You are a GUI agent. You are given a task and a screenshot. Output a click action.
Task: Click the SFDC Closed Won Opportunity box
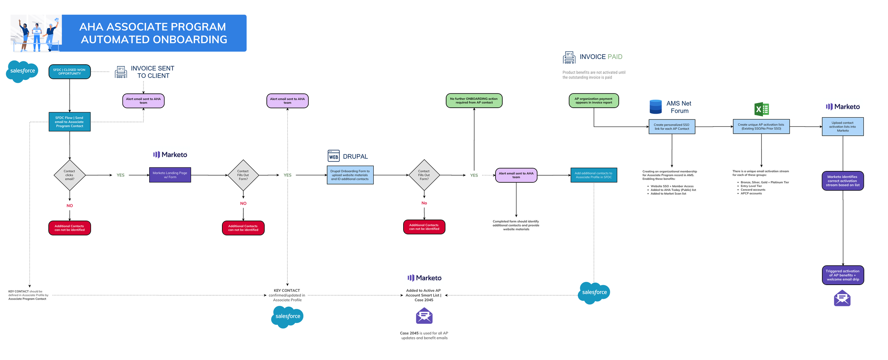tap(70, 72)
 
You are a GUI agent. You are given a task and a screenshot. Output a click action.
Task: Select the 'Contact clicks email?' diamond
tap(70, 175)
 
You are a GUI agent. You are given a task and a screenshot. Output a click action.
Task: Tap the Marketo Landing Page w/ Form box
tap(170, 175)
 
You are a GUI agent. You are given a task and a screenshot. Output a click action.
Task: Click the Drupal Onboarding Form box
tap(350, 175)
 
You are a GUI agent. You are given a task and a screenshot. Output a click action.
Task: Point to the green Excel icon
tap(761, 109)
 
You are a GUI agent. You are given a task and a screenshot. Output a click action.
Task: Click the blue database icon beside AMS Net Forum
tap(655, 107)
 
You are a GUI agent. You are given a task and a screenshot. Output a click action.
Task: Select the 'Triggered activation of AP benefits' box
tap(843, 275)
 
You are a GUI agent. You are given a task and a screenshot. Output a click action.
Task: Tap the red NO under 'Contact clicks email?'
tap(70, 205)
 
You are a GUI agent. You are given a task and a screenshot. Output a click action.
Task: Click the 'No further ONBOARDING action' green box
tap(474, 101)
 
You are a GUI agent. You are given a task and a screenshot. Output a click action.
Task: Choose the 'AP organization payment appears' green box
tap(594, 101)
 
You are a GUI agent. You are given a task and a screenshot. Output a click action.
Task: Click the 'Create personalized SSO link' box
tap(672, 127)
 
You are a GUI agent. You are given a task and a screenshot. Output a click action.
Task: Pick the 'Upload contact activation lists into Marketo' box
tap(843, 127)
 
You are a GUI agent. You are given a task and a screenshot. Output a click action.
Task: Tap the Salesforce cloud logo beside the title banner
tap(22, 71)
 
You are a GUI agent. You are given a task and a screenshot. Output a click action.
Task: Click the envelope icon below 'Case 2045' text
tap(424, 316)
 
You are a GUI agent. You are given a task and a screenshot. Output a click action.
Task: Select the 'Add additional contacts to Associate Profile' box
tap(594, 175)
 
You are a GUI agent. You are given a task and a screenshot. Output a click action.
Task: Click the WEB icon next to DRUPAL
tap(334, 156)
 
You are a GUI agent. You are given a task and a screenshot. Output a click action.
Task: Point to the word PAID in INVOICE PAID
tap(615, 57)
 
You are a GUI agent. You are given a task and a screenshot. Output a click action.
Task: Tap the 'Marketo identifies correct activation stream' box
tap(843, 181)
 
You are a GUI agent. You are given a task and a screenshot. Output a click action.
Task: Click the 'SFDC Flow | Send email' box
tap(70, 122)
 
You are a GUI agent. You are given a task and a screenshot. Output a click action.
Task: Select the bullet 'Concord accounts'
tap(753, 190)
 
